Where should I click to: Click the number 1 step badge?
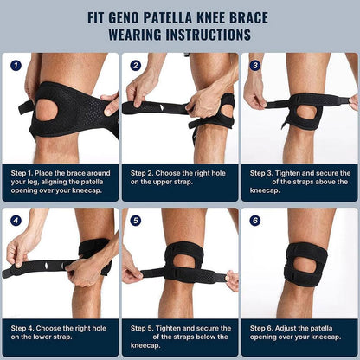[x=16, y=65]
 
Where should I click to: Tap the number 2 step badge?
[x=135, y=65]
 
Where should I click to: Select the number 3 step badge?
[x=254, y=65]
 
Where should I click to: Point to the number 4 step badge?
[x=16, y=220]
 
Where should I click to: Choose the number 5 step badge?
[x=135, y=220]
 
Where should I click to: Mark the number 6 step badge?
[x=254, y=220]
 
